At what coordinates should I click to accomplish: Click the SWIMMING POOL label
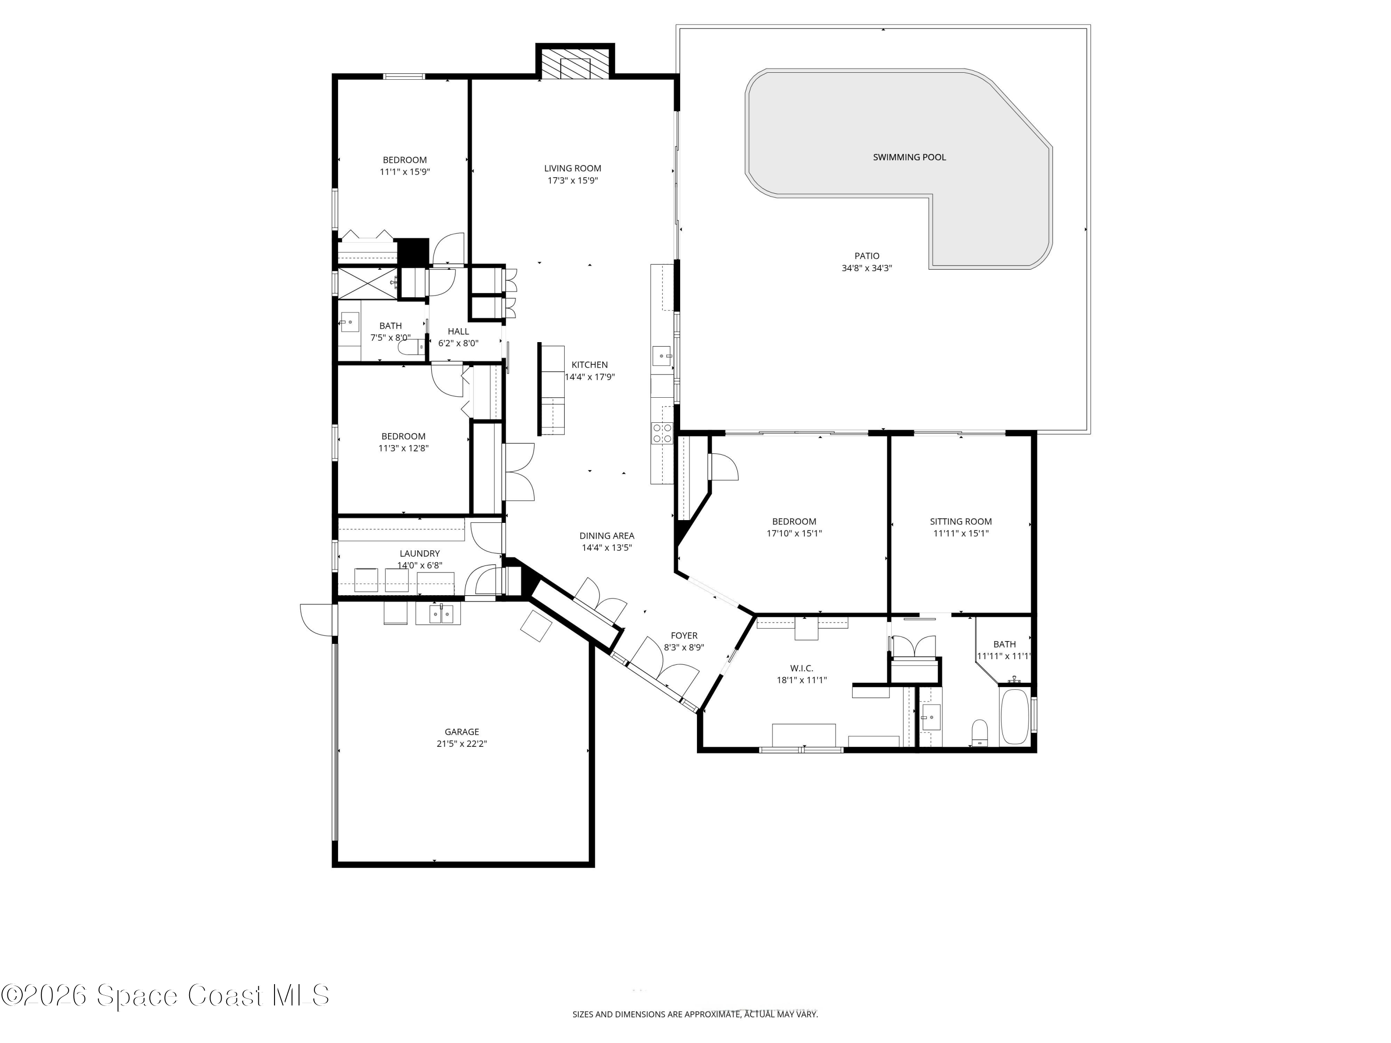[x=909, y=157]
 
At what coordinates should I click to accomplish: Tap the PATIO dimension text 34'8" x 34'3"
[x=867, y=268]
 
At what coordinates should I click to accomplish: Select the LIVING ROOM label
[x=572, y=168]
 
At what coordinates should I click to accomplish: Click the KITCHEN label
[x=589, y=365]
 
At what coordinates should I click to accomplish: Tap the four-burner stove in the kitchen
[x=662, y=433]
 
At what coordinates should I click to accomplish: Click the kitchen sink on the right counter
[x=661, y=356]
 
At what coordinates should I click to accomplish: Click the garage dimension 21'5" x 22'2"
[x=461, y=744]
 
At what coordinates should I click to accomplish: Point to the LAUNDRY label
[x=420, y=553]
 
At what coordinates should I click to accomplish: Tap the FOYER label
[x=683, y=635]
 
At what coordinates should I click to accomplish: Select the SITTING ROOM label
[x=960, y=521]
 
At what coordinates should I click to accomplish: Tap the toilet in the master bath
[x=979, y=733]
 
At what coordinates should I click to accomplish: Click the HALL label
[x=458, y=331]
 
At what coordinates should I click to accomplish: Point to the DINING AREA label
[x=606, y=536]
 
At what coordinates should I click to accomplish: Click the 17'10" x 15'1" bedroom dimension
[x=794, y=533]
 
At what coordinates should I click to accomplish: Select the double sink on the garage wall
[x=438, y=614]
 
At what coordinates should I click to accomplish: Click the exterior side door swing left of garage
[x=316, y=619]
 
